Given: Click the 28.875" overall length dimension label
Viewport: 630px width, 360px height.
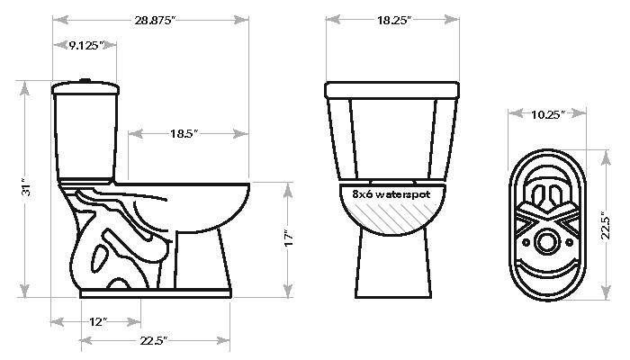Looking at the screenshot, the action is tap(155, 20).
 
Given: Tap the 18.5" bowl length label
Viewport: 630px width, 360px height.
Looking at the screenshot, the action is tap(184, 133).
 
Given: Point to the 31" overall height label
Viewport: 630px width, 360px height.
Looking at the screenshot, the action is tap(26, 187).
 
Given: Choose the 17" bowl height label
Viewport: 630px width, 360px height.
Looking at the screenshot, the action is tap(289, 238).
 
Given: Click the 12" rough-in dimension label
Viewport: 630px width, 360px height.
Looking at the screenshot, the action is tap(98, 322).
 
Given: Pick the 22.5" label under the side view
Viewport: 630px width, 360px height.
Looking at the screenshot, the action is tap(154, 341).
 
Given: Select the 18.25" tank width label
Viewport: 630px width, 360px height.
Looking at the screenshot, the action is tap(394, 20).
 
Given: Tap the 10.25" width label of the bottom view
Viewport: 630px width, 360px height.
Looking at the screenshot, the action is tap(548, 115).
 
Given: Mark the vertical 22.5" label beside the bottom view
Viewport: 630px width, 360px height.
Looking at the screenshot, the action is tap(606, 228).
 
